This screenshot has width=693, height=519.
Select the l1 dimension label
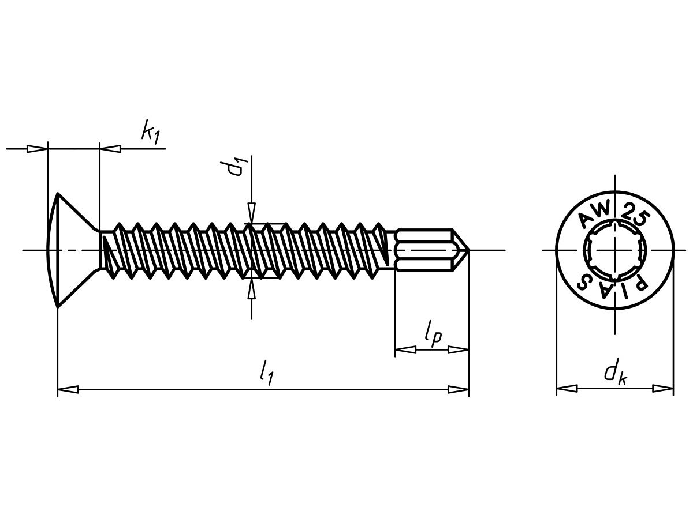point(266,373)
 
